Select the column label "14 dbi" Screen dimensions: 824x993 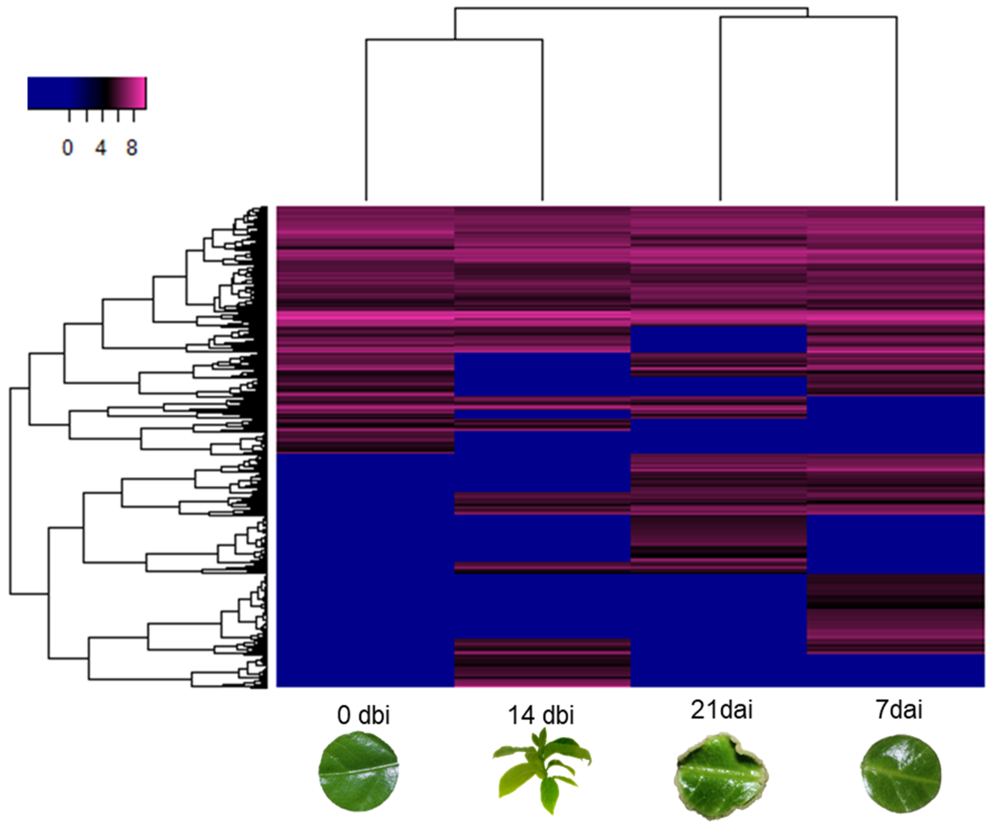541,715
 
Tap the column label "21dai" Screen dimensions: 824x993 721,710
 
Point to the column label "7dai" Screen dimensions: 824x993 898,710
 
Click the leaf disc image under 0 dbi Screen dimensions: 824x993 358,771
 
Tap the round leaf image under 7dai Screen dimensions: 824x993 900,773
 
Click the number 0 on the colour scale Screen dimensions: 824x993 68,148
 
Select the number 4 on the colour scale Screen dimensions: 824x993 100,148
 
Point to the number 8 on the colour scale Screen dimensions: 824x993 132,148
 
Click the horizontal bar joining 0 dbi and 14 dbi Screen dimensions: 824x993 454,40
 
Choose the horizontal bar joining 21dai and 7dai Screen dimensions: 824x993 808,17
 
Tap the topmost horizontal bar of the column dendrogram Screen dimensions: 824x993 631,8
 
